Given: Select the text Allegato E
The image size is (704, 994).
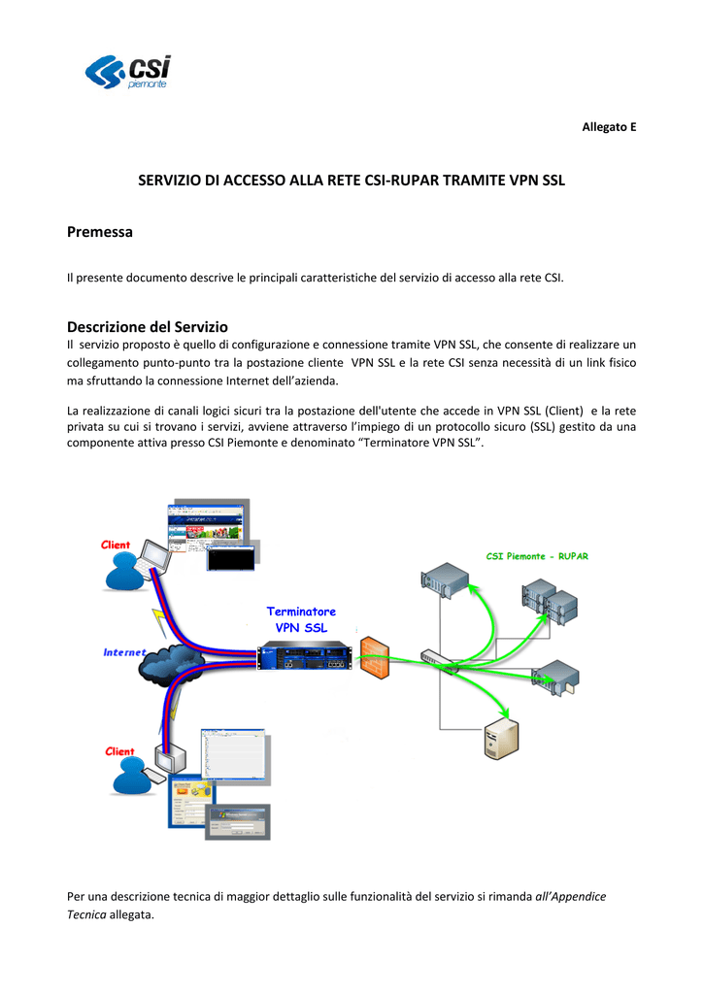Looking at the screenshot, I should click(x=609, y=128).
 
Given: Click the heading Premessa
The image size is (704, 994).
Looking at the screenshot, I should click(x=99, y=232).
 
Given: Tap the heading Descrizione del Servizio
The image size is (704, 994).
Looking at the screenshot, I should click(x=147, y=327).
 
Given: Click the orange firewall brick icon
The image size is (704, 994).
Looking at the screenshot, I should click(x=374, y=661).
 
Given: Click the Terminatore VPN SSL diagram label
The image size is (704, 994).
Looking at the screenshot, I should click(x=301, y=619).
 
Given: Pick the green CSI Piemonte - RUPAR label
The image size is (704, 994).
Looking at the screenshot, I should click(x=537, y=556).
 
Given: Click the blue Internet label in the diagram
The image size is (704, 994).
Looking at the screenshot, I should click(x=124, y=652).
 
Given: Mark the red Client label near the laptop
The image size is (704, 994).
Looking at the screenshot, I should click(x=117, y=545).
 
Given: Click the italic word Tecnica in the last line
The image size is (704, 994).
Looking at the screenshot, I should click(x=87, y=914).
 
